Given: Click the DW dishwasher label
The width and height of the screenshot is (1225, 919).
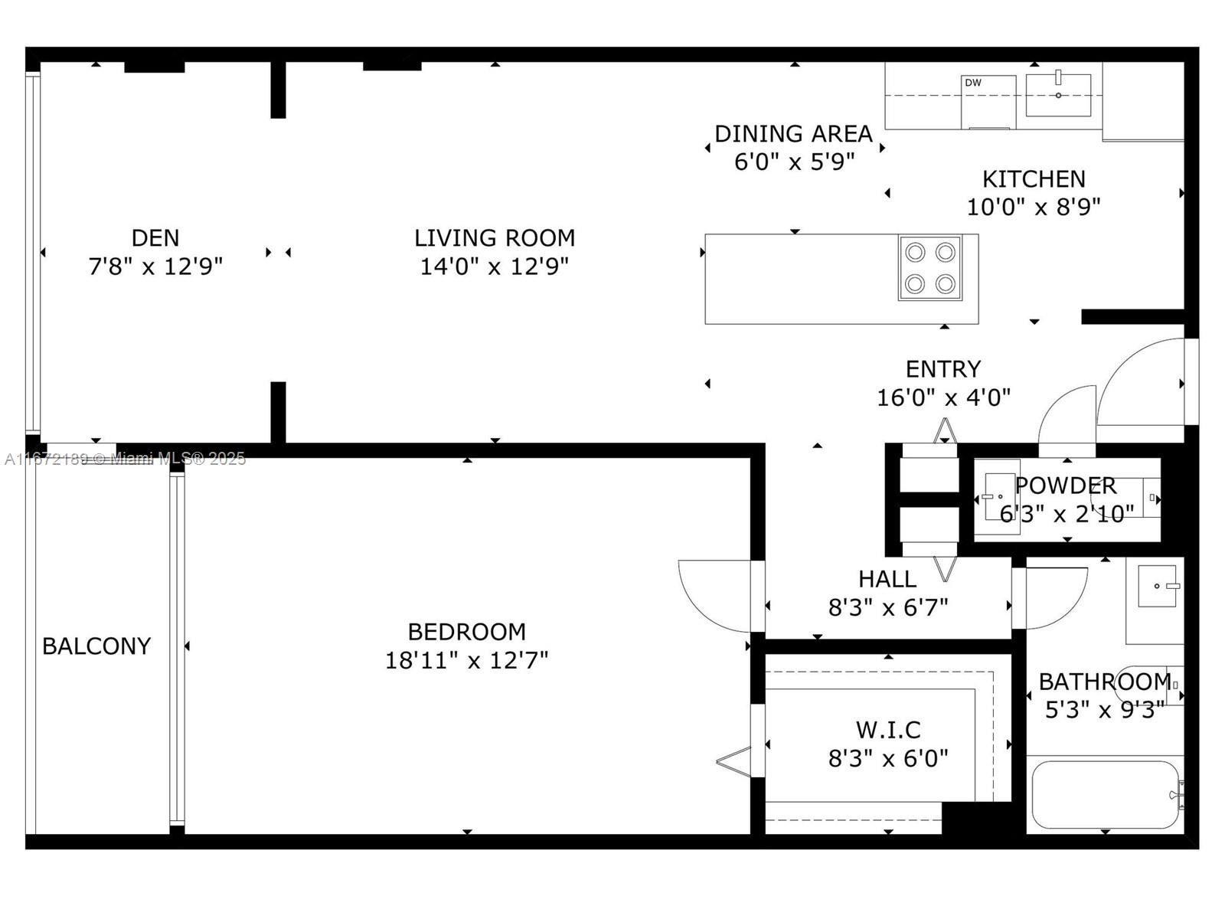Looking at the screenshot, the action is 973,83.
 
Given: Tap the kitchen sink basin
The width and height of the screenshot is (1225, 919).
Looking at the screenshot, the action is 1058,96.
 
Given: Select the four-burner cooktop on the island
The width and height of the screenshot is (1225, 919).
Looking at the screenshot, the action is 929,268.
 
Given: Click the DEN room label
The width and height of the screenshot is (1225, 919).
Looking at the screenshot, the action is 155,238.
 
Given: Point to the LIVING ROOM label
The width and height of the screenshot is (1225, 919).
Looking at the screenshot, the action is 495,238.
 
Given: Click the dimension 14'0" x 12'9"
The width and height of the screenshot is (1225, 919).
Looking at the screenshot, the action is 495,267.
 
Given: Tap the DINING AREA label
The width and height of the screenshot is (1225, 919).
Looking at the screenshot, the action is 794,134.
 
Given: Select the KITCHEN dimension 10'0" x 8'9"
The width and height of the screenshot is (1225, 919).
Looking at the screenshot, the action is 1034,208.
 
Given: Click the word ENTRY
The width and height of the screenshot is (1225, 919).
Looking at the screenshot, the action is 943,369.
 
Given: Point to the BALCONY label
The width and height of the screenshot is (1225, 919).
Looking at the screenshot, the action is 96,646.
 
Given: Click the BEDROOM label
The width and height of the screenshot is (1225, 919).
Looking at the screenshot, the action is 467,633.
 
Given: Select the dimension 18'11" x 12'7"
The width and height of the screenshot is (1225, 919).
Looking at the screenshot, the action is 467,661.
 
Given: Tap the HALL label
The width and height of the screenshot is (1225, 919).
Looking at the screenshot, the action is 887,579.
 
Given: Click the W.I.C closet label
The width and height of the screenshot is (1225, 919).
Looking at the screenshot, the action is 888,730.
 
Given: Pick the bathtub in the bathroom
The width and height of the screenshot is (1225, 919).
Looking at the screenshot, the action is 1106,795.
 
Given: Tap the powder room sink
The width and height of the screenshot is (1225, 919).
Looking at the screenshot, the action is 996,496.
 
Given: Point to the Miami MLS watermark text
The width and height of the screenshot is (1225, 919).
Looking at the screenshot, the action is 125,459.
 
